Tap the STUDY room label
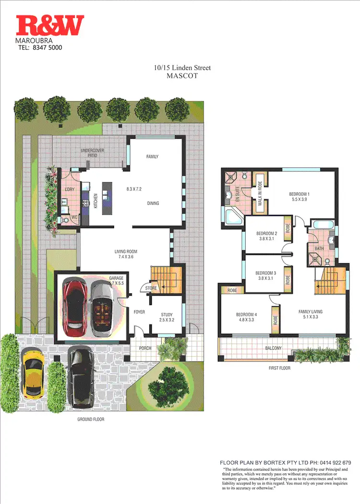[x=167, y=315]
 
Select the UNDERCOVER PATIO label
[x=93, y=153]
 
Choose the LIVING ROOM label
[x=126, y=251]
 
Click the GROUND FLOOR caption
[x=91, y=419]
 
